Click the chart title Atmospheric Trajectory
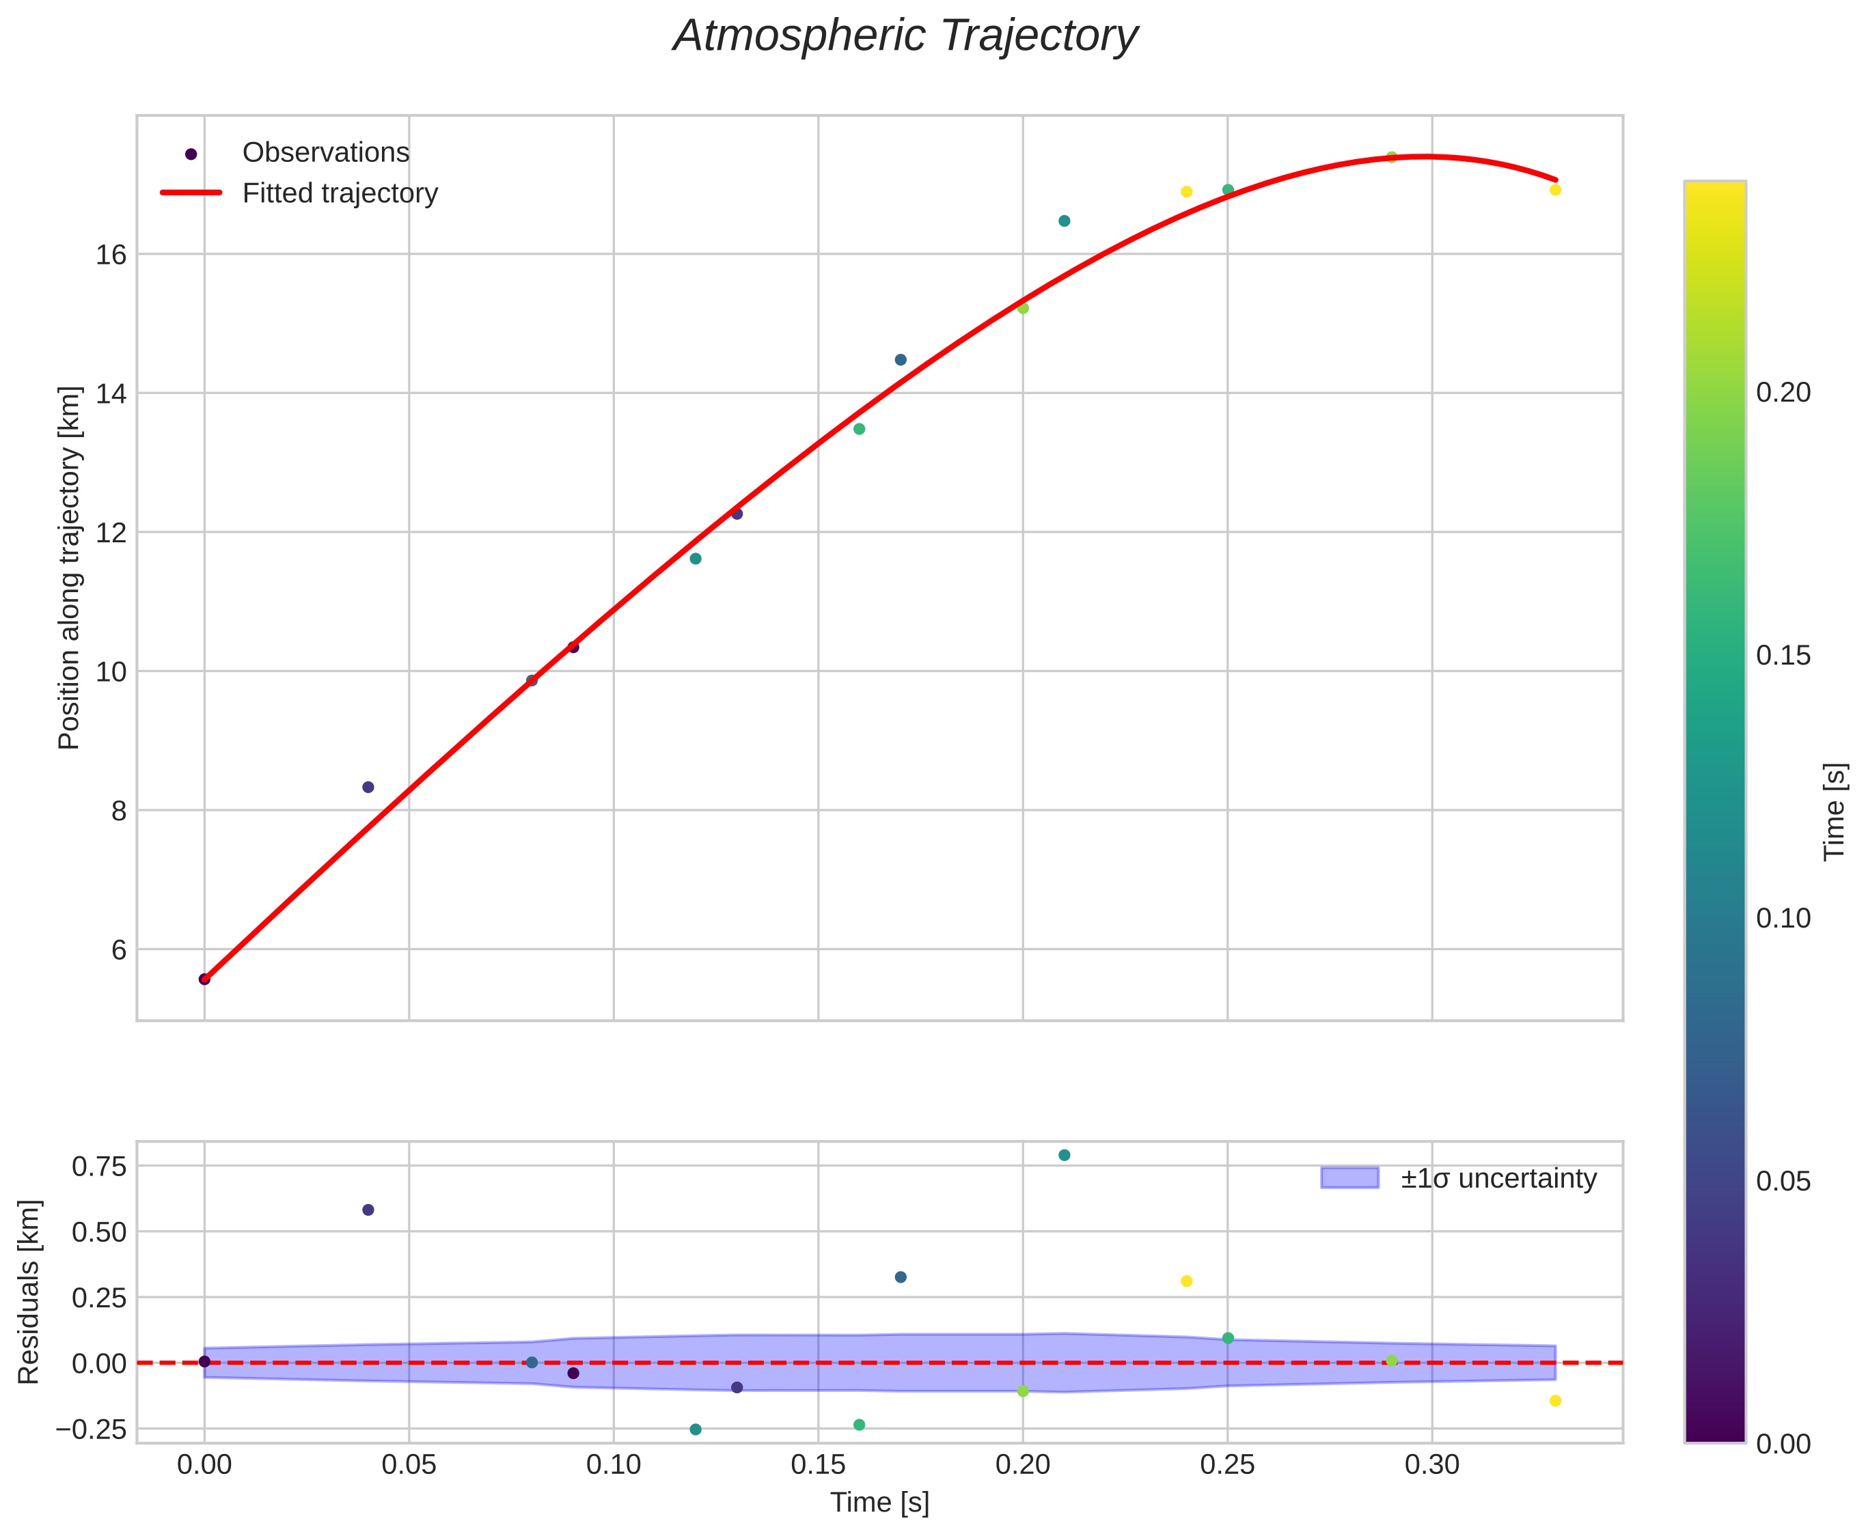(905, 37)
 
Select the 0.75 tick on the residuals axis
(99, 1167)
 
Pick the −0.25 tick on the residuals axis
(92, 1429)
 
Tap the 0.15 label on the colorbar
(1783, 656)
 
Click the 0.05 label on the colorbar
(1783, 1182)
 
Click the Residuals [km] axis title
(29, 1292)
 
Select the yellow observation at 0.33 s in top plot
(1555, 190)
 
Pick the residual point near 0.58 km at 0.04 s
(368, 1210)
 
